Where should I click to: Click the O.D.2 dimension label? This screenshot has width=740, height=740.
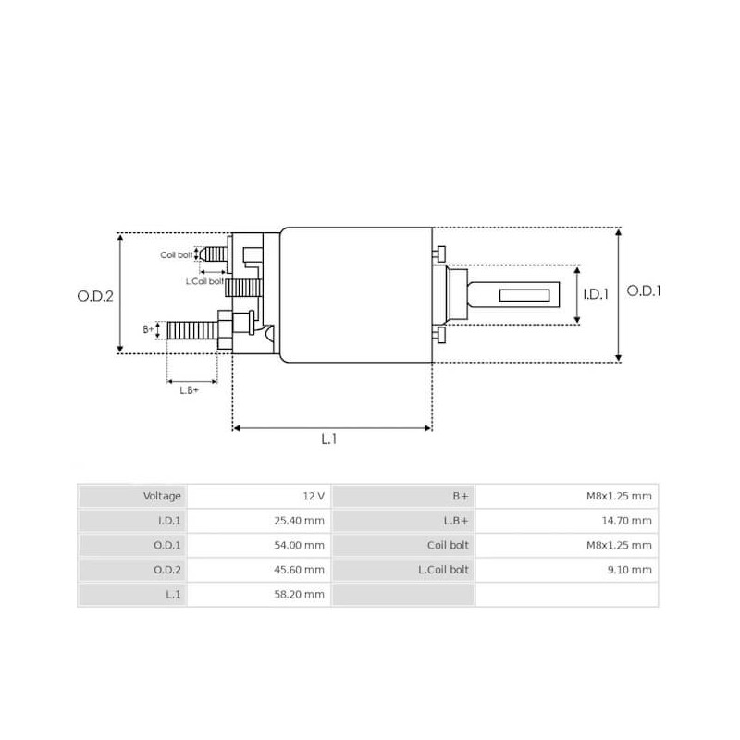[x=94, y=296]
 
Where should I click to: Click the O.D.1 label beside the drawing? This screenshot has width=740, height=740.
[x=645, y=290]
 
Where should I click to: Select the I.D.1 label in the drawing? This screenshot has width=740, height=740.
[x=596, y=295]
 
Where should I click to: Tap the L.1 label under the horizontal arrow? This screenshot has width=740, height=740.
[x=328, y=439]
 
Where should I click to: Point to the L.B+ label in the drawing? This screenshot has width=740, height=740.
[x=190, y=389]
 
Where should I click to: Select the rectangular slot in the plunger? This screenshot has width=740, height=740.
[x=524, y=296]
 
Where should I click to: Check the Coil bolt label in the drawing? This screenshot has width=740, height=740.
[x=176, y=254]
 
